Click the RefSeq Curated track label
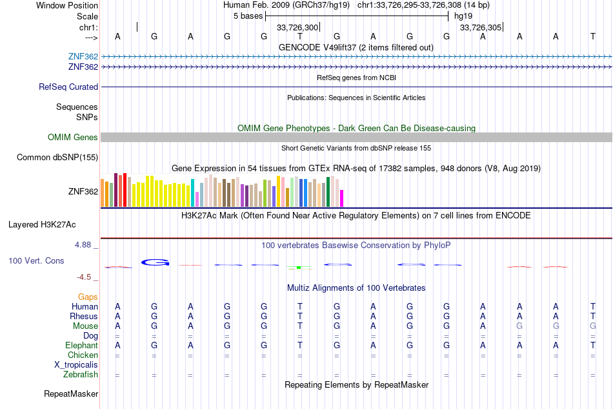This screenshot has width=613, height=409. (68, 87)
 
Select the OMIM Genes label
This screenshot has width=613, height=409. (73, 138)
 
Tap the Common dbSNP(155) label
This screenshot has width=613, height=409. (57, 158)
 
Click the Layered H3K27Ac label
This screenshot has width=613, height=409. (42, 225)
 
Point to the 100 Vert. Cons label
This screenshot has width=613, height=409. (36, 260)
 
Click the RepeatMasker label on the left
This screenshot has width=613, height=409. (71, 393)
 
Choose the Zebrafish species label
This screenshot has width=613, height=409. (81, 375)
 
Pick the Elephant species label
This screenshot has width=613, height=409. (82, 345)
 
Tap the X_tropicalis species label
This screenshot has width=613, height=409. (76, 365)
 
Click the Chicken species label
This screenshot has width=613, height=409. (83, 355)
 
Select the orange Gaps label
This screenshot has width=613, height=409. (88, 297)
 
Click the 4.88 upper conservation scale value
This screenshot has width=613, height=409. (83, 245)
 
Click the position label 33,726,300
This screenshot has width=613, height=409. (297, 27)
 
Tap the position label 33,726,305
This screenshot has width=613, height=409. (481, 27)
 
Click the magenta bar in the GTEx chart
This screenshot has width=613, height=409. (342, 198)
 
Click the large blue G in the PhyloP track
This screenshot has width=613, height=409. (156, 262)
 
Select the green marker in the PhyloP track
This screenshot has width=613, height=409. (299, 267)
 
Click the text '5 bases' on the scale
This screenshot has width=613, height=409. (248, 16)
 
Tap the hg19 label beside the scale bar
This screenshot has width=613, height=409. (463, 16)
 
